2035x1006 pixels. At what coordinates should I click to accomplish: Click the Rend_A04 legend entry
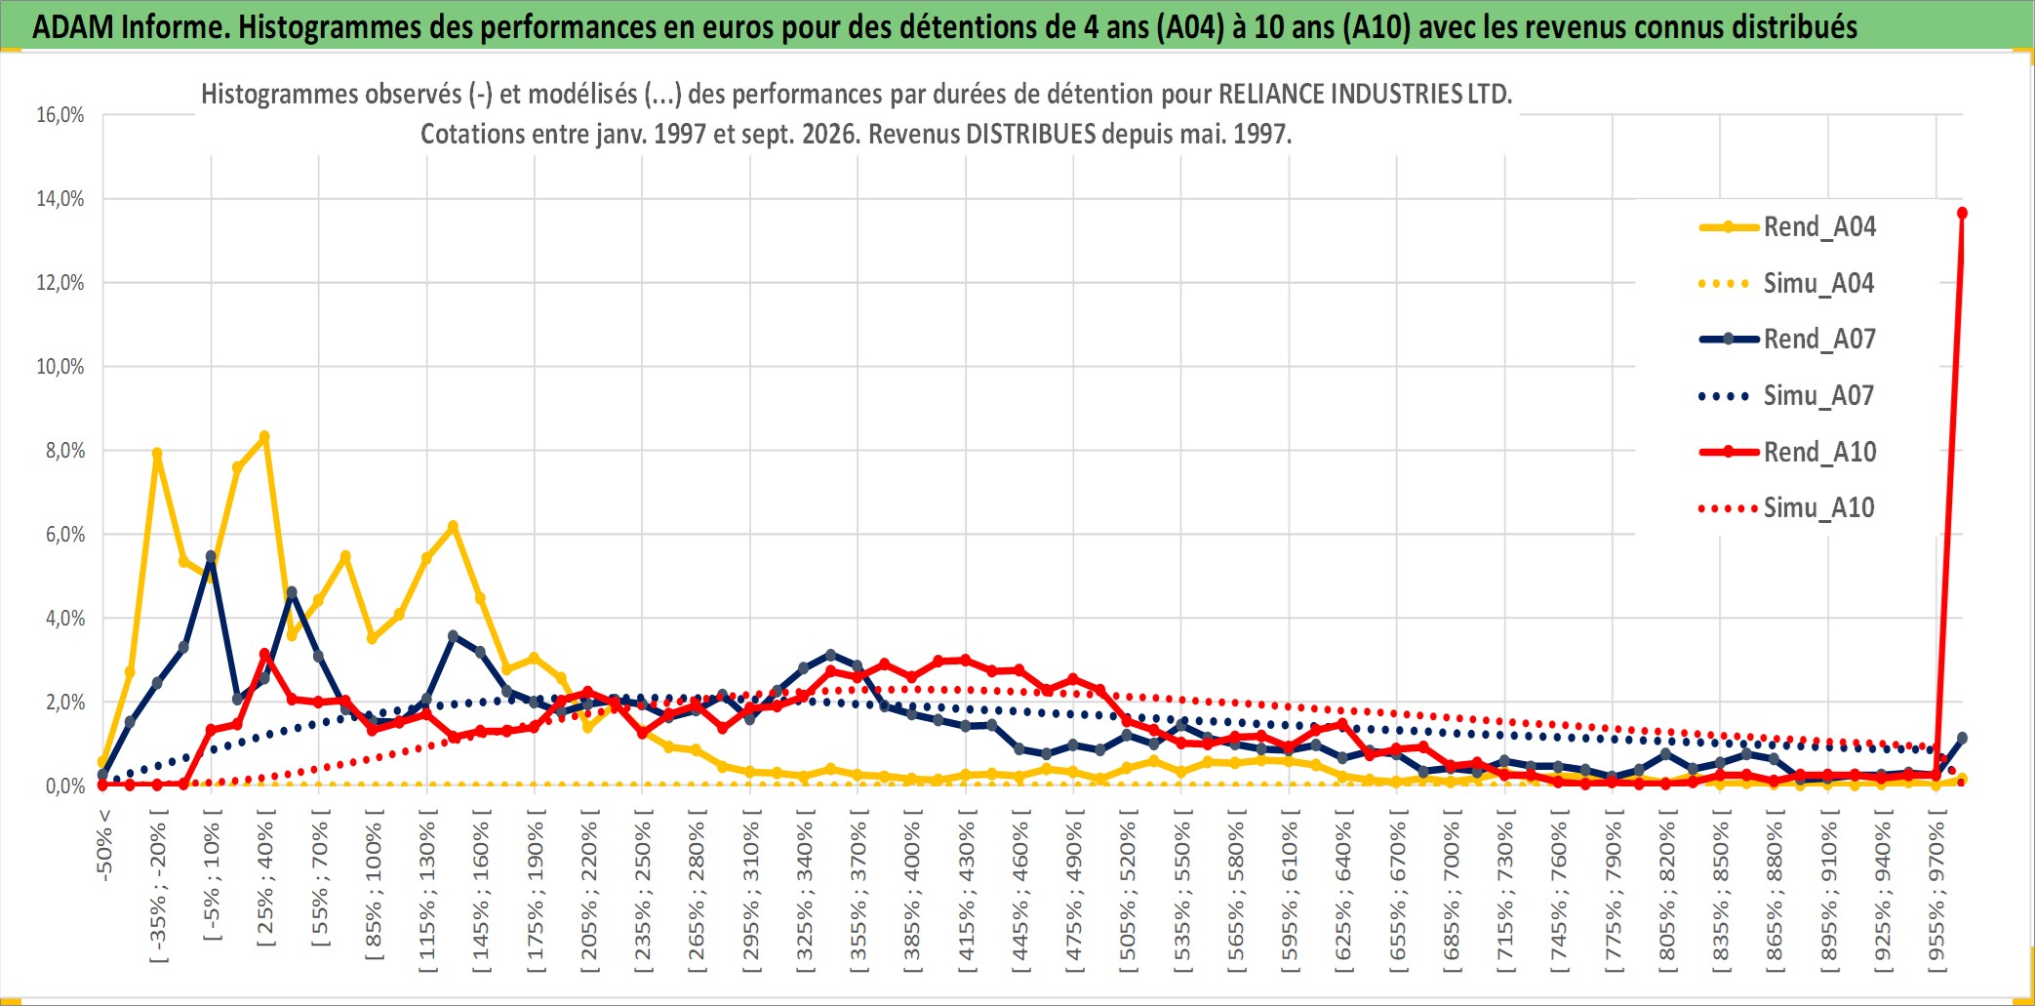tap(1787, 227)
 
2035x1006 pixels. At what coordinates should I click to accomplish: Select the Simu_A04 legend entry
tap(1787, 284)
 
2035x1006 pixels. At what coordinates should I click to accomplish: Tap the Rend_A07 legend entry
tap(1787, 340)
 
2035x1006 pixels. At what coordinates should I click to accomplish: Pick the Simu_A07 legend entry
tap(1787, 396)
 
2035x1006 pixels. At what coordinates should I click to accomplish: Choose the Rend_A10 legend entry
tap(1787, 452)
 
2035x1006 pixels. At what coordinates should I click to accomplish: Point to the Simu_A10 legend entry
tap(1787, 508)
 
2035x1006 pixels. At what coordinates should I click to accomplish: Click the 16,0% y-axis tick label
tap(60, 115)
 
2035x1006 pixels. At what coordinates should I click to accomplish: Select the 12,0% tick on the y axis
tap(60, 283)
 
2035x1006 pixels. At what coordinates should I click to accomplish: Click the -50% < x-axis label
tap(104, 845)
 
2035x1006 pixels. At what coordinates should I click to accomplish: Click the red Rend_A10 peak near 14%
tap(1962, 213)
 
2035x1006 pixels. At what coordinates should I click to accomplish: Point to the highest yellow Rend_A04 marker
tap(264, 437)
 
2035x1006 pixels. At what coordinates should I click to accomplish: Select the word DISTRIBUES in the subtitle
tap(1031, 135)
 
